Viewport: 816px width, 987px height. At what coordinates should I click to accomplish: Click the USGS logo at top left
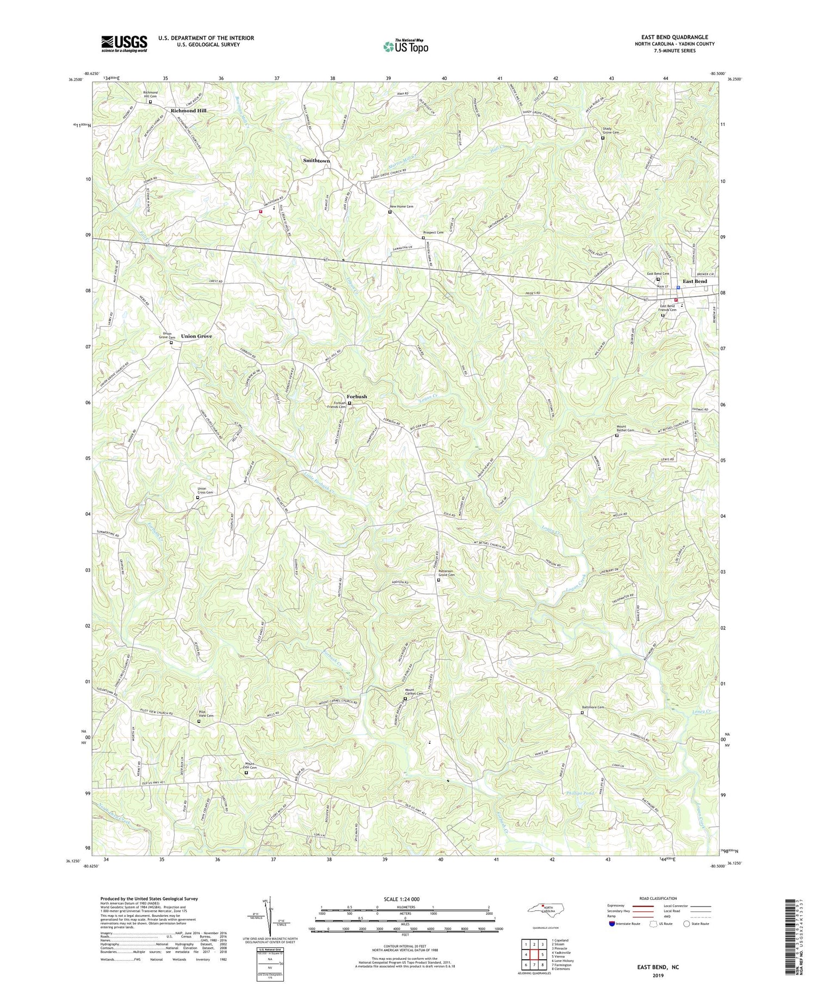pos(124,44)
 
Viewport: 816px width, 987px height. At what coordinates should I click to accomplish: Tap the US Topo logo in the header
pos(405,46)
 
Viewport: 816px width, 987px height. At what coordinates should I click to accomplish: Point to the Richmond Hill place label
pos(188,111)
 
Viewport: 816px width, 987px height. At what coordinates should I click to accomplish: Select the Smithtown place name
pos(317,161)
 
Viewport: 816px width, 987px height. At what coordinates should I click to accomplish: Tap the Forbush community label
pos(357,396)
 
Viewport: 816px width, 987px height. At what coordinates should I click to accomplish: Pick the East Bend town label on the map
pos(695,281)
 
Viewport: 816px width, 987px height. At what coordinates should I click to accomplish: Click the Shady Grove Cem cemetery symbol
pos(603,138)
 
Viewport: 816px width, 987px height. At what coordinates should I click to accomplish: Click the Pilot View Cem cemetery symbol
pos(199,721)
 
